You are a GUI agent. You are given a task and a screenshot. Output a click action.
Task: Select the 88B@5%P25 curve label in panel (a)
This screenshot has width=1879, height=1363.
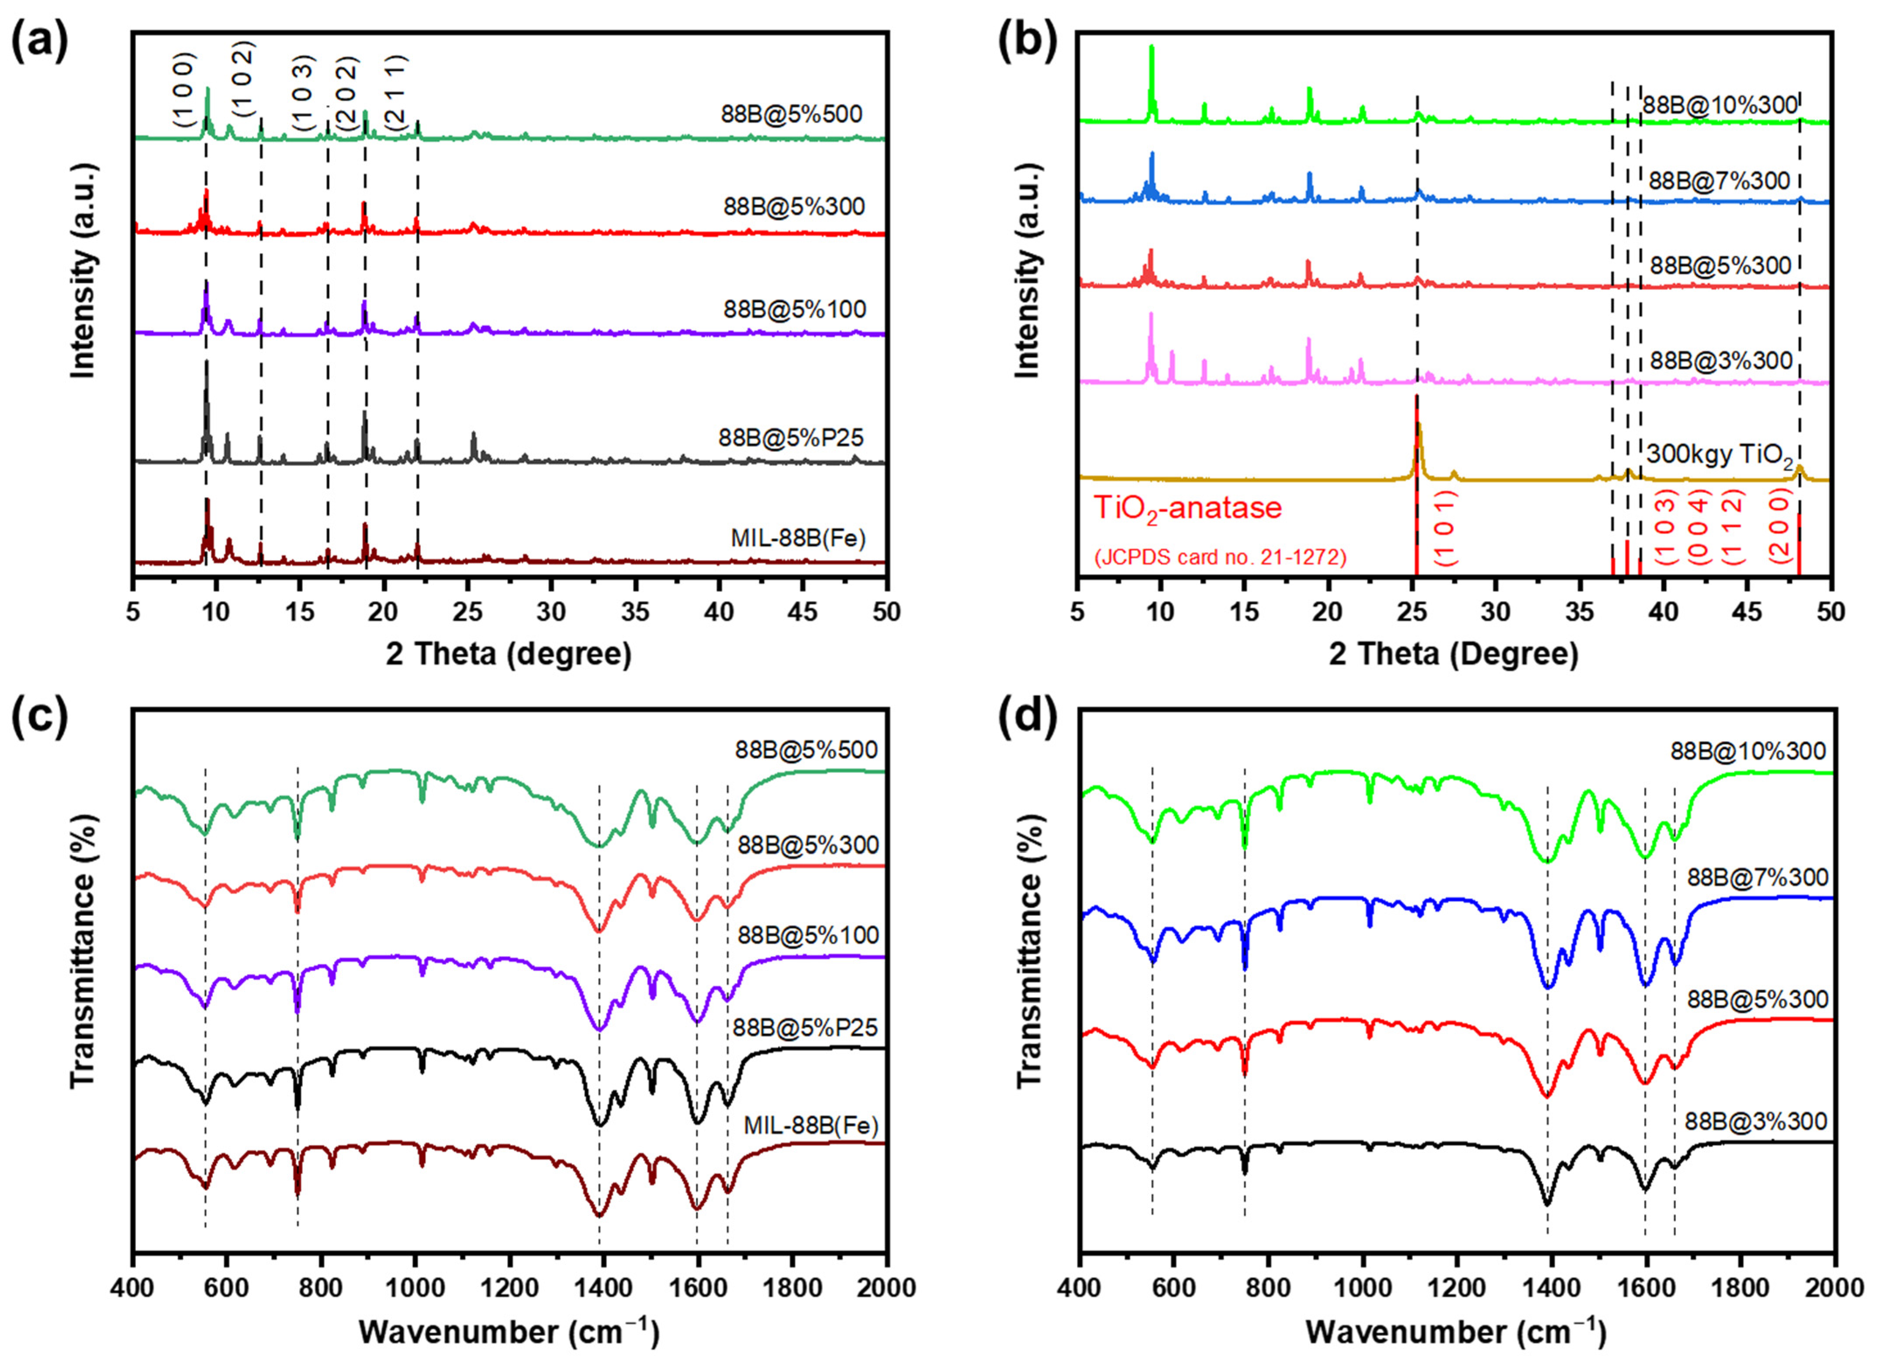791,437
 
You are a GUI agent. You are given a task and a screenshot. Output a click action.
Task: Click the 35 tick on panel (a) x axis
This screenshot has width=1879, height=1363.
635,612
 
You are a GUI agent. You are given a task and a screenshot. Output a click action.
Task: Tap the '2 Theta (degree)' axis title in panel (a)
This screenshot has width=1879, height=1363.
509,654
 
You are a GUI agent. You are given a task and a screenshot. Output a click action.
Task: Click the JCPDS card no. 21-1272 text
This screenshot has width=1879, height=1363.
1219,557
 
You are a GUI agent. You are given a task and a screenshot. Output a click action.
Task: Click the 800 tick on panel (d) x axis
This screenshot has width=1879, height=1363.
1267,1287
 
